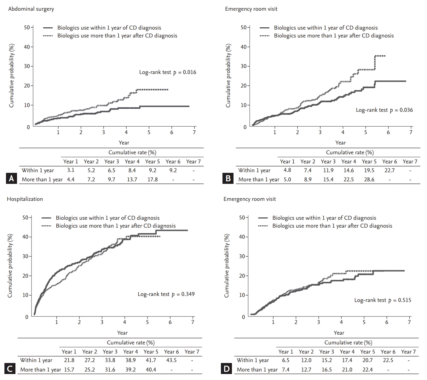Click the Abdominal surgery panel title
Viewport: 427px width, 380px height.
tap(31, 9)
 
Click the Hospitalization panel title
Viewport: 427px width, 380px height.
tap(25, 199)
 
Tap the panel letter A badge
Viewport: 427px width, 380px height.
tap(11, 179)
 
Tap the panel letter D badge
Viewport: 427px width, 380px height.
tap(227, 369)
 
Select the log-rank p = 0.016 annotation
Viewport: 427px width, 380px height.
tap(168, 72)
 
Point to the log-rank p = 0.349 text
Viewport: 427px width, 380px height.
tap(166, 294)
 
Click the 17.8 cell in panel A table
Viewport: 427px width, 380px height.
tap(153, 179)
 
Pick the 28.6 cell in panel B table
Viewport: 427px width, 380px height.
tap(369, 179)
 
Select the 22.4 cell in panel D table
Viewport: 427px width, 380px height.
tap(367, 370)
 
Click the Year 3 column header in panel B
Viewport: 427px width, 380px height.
tap(328, 162)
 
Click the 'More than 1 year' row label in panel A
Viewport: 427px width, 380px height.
tap(42, 179)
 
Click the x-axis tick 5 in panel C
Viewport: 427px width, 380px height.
tap(147, 322)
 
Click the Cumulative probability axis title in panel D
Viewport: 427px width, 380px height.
tap(226, 266)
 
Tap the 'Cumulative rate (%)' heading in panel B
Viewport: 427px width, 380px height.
tap(350, 152)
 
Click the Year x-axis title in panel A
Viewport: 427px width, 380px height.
tap(124, 143)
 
